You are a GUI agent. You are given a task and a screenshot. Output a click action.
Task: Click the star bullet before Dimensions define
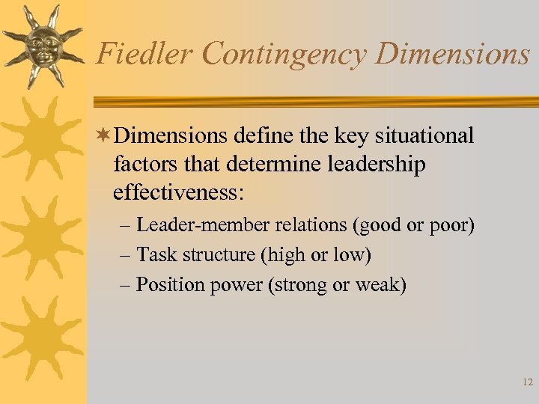[x=105, y=135]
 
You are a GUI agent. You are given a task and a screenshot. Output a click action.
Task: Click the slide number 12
[x=527, y=382]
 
